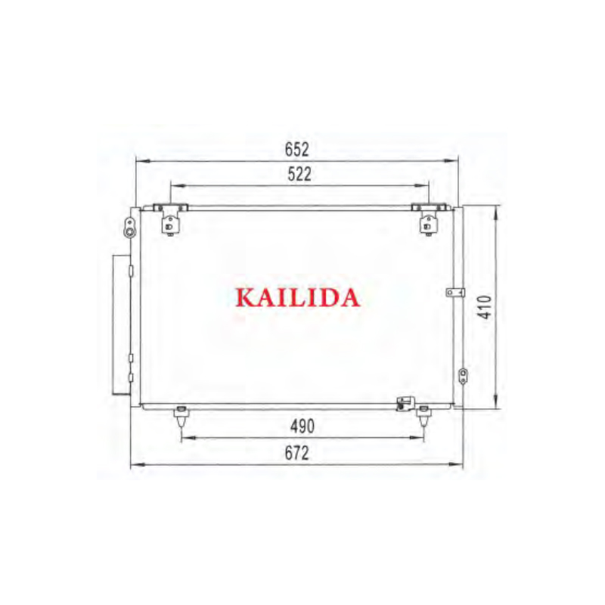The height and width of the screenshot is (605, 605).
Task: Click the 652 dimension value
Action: click(296, 150)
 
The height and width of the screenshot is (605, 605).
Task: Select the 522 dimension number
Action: click(299, 175)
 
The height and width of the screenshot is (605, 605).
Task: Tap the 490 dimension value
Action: click(302, 427)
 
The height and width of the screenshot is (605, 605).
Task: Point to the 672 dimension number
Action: click(296, 453)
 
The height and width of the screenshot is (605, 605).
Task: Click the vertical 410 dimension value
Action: click(485, 307)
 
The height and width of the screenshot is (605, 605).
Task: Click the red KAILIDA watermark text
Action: click(297, 297)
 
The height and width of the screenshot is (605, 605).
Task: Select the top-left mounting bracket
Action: click(170, 219)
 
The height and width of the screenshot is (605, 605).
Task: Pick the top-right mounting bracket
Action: click(428, 219)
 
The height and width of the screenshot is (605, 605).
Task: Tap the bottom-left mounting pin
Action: click(181, 417)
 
